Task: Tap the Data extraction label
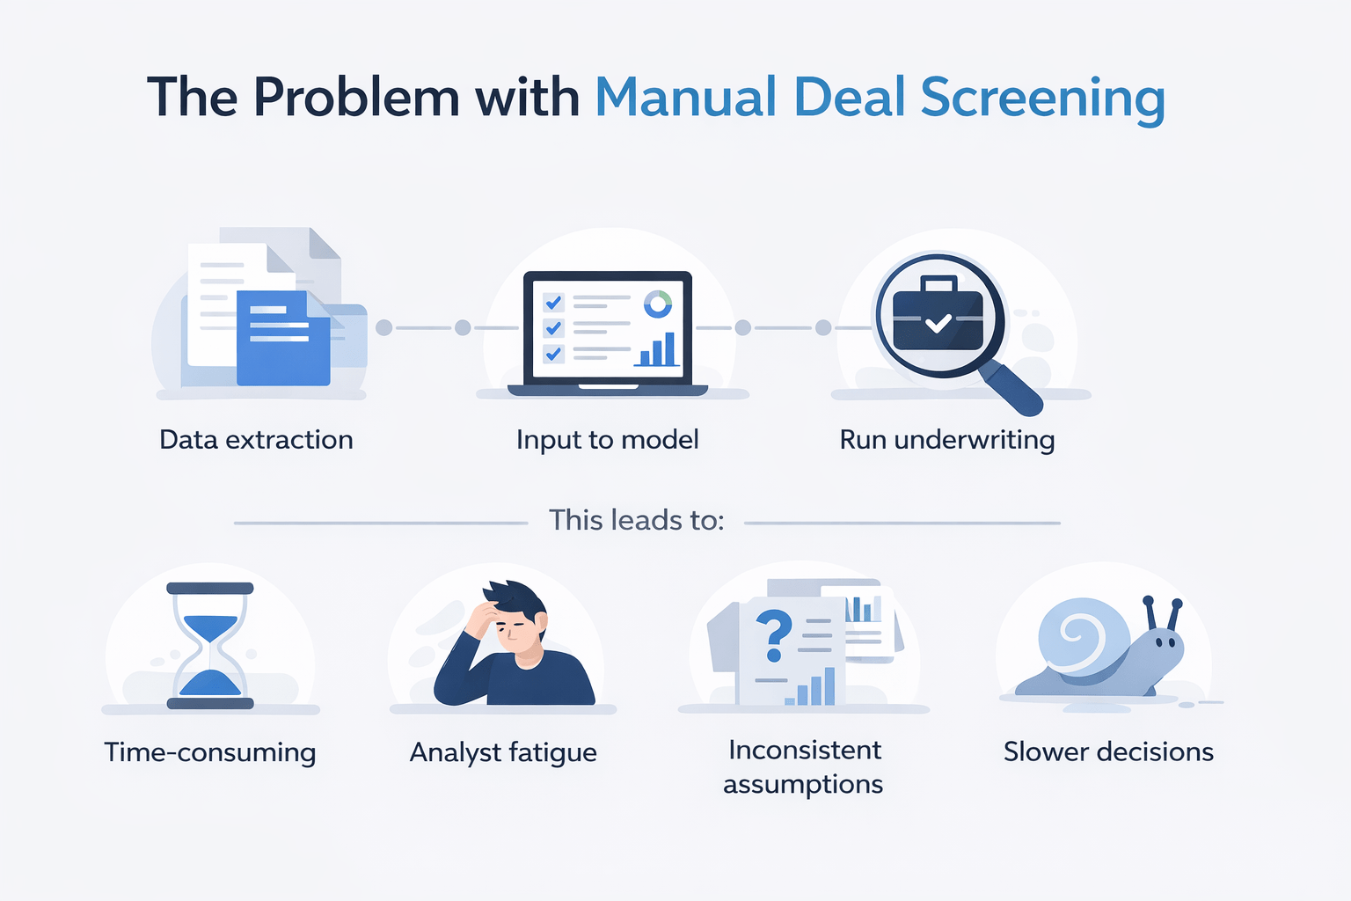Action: (256, 439)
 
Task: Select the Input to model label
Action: (607, 439)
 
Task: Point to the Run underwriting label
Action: (946, 439)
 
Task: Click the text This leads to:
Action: (636, 520)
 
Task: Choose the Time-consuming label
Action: (209, 752)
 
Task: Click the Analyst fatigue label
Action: (503, 752)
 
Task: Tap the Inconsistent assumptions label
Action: (803, 766)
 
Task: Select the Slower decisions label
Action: (1108, 751)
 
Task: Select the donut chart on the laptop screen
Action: (657, 304)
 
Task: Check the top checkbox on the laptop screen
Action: (553, 303)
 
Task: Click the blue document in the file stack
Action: (283, 339)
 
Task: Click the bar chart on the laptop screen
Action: (657, 349)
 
